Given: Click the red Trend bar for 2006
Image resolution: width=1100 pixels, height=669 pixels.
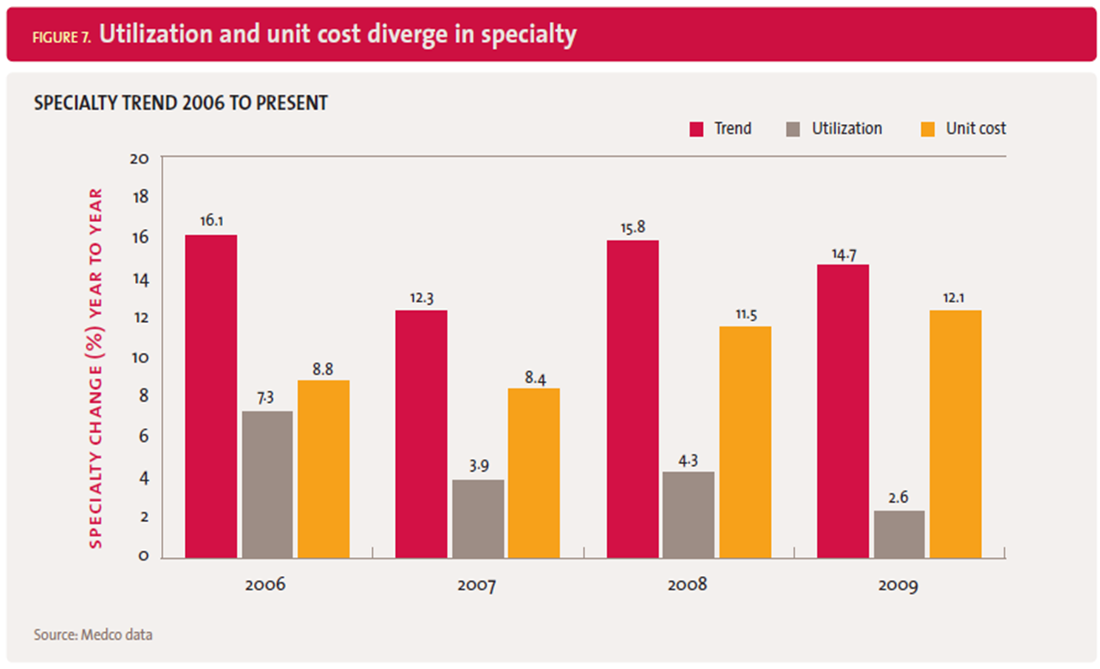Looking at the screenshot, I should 211,396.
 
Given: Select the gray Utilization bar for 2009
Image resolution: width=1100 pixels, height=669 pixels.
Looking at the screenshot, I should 899,534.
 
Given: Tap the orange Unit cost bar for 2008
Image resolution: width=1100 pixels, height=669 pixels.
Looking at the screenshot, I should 745,442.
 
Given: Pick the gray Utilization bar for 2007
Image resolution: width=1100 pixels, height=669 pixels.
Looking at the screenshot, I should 478,518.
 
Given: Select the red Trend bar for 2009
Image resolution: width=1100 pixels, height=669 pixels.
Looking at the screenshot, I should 843,411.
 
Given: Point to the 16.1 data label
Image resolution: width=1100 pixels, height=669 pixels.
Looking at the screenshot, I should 211,220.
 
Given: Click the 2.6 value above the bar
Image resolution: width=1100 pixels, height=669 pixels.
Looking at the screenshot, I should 899,496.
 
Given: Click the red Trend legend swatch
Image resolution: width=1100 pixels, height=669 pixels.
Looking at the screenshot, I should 697,129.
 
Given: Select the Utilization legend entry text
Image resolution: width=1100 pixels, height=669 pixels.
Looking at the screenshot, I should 847,128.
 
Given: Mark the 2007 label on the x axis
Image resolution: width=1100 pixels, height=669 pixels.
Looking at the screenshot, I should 476,586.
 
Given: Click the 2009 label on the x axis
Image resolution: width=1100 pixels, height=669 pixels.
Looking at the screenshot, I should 898,586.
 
